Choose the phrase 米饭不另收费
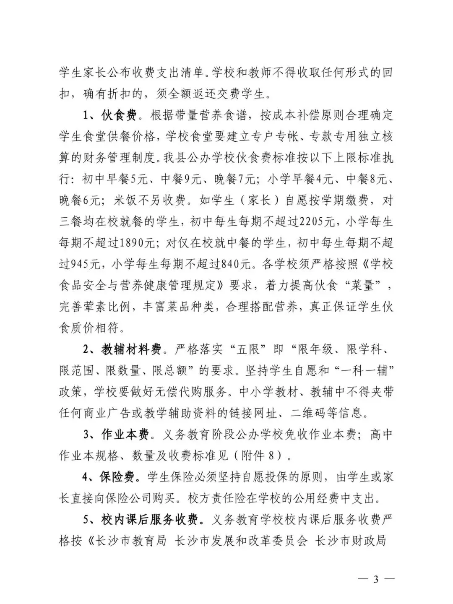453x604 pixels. (x=149, y=200)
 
